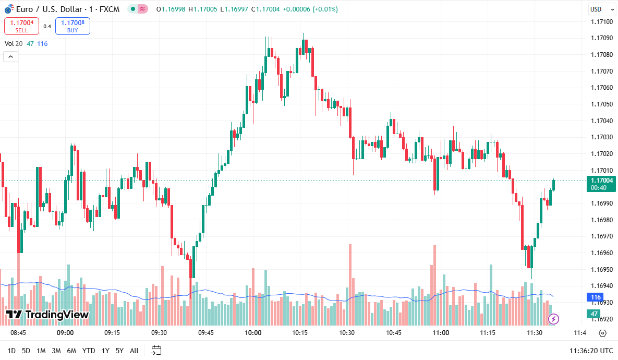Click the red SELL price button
pos(21,26)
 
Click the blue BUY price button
pos(72,26)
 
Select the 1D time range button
pos(11,351)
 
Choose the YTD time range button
pos(89,351)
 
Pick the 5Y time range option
pos(119,351)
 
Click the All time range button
pos(134,351)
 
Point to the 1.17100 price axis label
pos(601,21)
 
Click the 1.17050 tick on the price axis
pos(601,104)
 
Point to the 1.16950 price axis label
pos(601,269)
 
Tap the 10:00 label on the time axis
pos(253,333)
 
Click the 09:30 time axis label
pos(159,333)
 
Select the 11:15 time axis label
pos(488,333)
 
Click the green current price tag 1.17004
pos(601,183)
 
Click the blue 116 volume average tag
pos(595,297)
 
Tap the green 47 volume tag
pos(594,314)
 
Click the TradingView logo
pos(47,314)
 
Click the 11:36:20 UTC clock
pos(591,351)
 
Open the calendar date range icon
pos(156,351)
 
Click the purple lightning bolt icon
pos(554,318)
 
